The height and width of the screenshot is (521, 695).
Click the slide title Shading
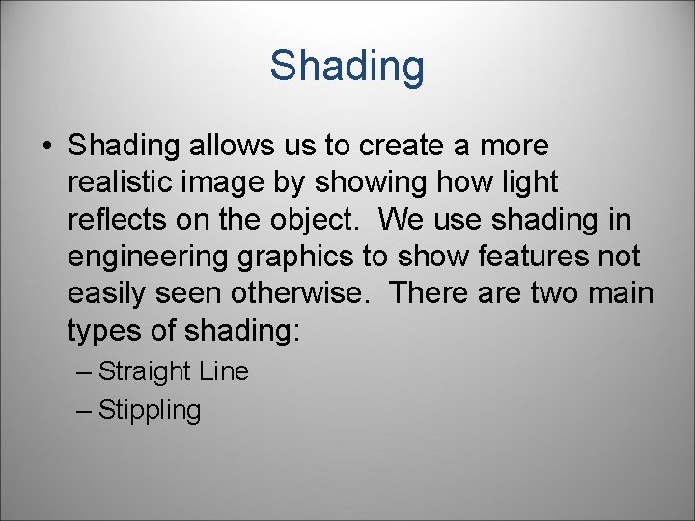pyautogui.click(x=347, y=67)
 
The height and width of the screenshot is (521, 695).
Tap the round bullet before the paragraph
pyautogui.click(x=46, y=147)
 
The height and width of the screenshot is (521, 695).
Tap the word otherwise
pyautogui.click(x=314, y=293)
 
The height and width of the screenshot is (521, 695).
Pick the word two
pyautogui.click(x=538, y=293)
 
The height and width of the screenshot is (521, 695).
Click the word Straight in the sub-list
pyautogui.click(x=146, y=371)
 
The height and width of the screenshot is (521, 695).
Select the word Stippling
pyautogui.click(x=150, y=411)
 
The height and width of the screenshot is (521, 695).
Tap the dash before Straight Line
pyautogui.click(x=84, y=371)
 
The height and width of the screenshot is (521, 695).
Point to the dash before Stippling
pyautogui.click(x=84, y=410)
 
